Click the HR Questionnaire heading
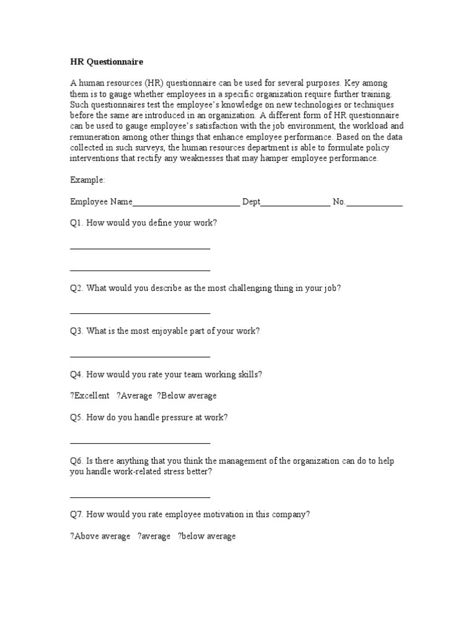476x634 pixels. [106, 62]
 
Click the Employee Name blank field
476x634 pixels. [186, 202]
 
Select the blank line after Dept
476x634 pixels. [296, 202]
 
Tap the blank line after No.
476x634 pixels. [374, 202]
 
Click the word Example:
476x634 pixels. [87, 180]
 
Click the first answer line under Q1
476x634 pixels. [140, 248]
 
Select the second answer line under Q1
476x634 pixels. [140, 270]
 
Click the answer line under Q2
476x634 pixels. [140, 313]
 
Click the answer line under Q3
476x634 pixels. [140, 357]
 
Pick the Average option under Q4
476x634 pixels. [134, 396]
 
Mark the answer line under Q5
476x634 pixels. [140, 443]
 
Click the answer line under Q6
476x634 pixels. [140, 497]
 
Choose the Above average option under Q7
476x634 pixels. [100, 536]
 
